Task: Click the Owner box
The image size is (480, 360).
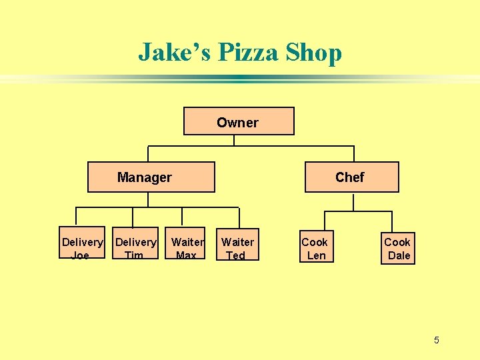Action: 238,121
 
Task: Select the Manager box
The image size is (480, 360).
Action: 151,177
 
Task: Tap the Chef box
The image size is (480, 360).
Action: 351,177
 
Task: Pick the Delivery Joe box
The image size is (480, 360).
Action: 82,247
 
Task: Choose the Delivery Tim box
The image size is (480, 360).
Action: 135,247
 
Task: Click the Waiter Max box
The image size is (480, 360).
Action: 186,247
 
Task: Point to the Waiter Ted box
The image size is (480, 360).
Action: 237,247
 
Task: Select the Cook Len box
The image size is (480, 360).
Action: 315,247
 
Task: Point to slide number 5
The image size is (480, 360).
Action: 437,341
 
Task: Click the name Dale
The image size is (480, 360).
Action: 399,255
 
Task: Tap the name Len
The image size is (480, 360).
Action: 316,255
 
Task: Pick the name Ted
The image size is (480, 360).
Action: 235,255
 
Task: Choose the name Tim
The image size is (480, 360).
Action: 134,255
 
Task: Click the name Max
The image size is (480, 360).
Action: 186,255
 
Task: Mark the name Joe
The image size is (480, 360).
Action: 80,255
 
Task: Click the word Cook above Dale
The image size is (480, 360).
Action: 397,241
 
